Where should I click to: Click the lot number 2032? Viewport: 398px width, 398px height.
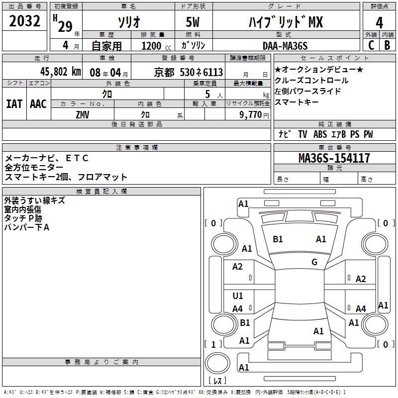(25, 22)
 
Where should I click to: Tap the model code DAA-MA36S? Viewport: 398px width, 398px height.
(286, 46)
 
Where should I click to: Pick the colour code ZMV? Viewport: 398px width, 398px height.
(83, 114)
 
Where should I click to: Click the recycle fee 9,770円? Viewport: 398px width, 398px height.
(254, 114)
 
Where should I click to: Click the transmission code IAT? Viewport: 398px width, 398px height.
(14, 103)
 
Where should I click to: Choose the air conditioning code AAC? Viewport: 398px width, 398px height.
(38, 103)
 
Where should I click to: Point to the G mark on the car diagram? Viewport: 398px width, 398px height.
(314, 262)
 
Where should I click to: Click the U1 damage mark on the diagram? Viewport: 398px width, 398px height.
(238, 296)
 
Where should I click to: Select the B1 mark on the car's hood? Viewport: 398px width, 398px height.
(278, 239)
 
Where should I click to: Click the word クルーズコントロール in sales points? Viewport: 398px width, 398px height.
(311, 81)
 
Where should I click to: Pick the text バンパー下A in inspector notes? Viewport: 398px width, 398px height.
(27, 227)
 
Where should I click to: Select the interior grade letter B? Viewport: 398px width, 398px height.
(387, 45)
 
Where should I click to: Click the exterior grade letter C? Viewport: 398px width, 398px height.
(371, 45)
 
